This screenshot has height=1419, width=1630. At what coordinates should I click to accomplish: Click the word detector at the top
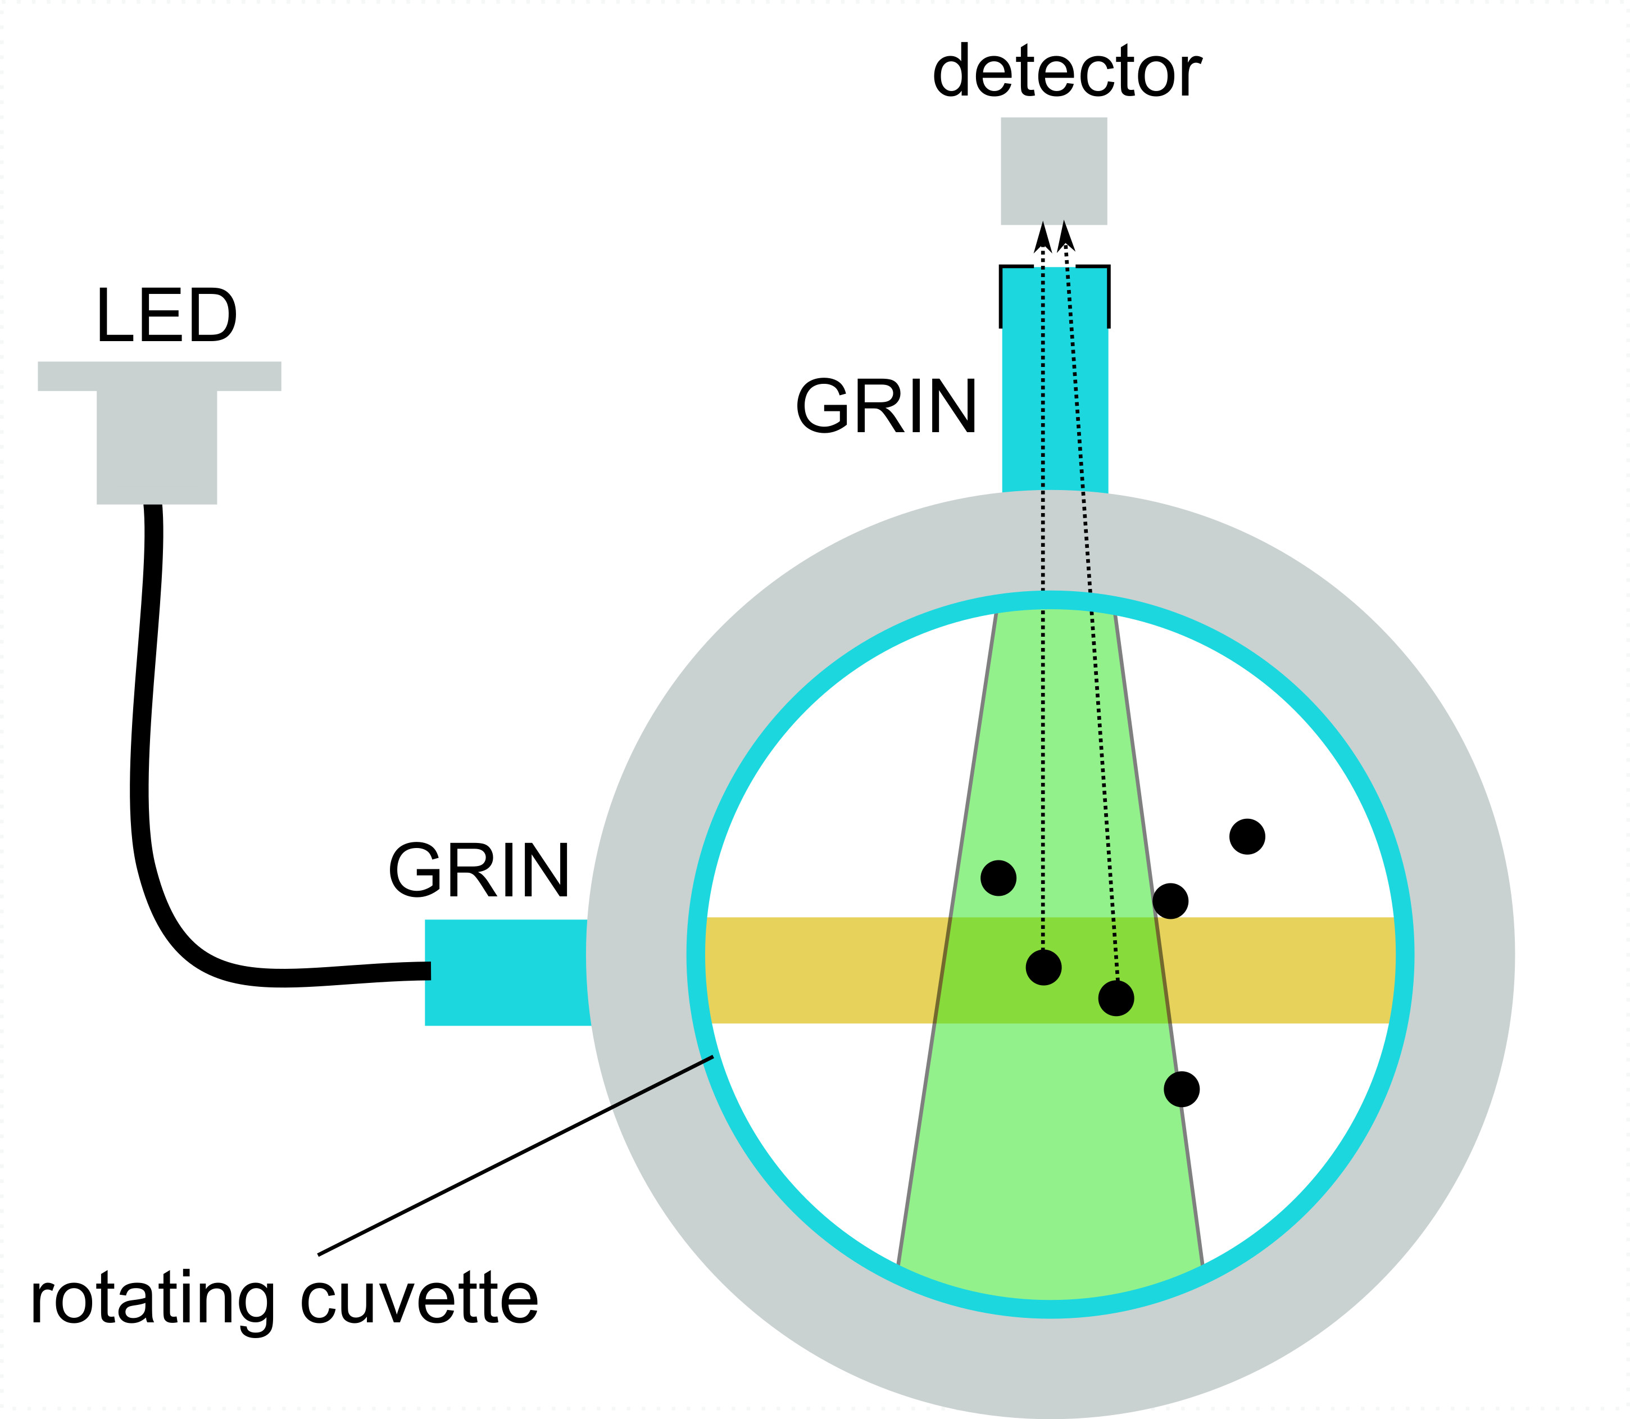click(x=1066, y=73)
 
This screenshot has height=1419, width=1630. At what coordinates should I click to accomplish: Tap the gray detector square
click(x=1054, y=171)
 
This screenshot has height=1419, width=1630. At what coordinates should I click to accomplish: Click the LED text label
click(x=166, y=317)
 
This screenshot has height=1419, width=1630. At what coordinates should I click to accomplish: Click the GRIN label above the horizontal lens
click(x=479, y=872)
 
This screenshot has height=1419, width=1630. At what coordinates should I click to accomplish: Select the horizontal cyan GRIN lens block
click(x=507, y=972)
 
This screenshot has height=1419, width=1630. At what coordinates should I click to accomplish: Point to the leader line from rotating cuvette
click(x=515, y=1156)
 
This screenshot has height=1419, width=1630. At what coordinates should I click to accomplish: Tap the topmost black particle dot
click(x=1247, y=837)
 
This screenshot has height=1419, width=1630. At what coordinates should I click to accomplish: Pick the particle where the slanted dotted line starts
click(x=1116, y=999)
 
